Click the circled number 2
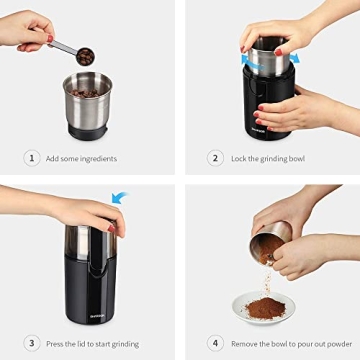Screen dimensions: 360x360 (215, 158)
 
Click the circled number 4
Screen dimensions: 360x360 (215, 342)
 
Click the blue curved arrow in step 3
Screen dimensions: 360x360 (119, 198)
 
